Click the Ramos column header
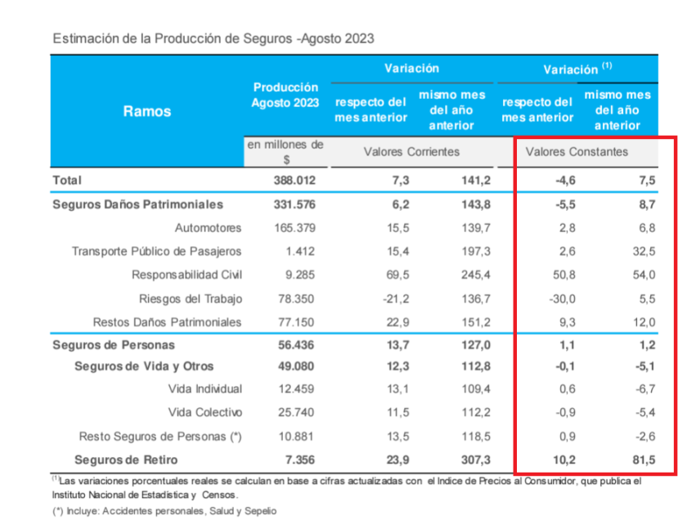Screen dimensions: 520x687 pyautogui.click(x=147, y=111)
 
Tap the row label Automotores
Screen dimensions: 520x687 pyautogui.click(x=209, y=227)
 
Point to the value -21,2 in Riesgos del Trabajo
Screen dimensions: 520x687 pyautogui.click(x=392, y=298)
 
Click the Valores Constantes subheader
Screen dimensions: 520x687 pyautogui.click(x=577, y=152)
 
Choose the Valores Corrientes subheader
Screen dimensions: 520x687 pyautogui.click(x=411, y=152)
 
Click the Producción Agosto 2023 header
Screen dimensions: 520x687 pyautogui.click(x=285, y=95)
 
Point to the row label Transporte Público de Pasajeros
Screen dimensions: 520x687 pyautogui.click(x=157, y=251)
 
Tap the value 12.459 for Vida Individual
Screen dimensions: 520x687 pyautogui.click(x=294, y=389)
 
